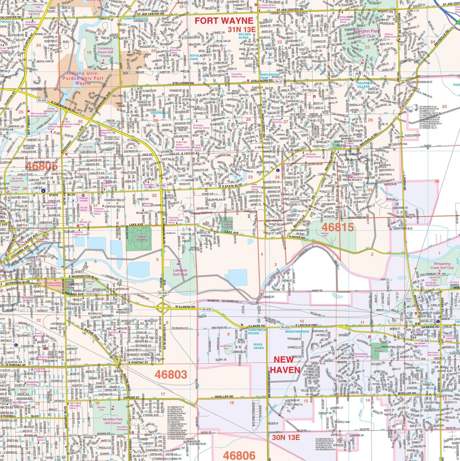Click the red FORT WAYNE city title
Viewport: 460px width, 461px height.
click(x=224, y=20)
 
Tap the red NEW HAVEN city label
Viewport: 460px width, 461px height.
click(x=284, y=364)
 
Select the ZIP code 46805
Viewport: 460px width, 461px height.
click(x=42, y=165)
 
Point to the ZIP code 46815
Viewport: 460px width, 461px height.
click(x=339, y=227)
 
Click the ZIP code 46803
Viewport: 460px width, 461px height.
click(x=171, y=374)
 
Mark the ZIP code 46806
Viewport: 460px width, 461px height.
click(x=239, y=455)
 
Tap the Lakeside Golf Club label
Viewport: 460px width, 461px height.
click(x=180, y=272)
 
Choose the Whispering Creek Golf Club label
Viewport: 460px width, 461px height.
click(x=442, y=266)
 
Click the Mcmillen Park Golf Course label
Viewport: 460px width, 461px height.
click(x=113, y=421)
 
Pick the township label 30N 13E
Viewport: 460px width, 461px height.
click(x=286, y=437)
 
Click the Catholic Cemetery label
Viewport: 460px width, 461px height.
click(x=142, y=238)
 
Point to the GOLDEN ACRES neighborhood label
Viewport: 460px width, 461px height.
click(x=244, y=36)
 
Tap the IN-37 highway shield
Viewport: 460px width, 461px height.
click(x=279, y=82)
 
